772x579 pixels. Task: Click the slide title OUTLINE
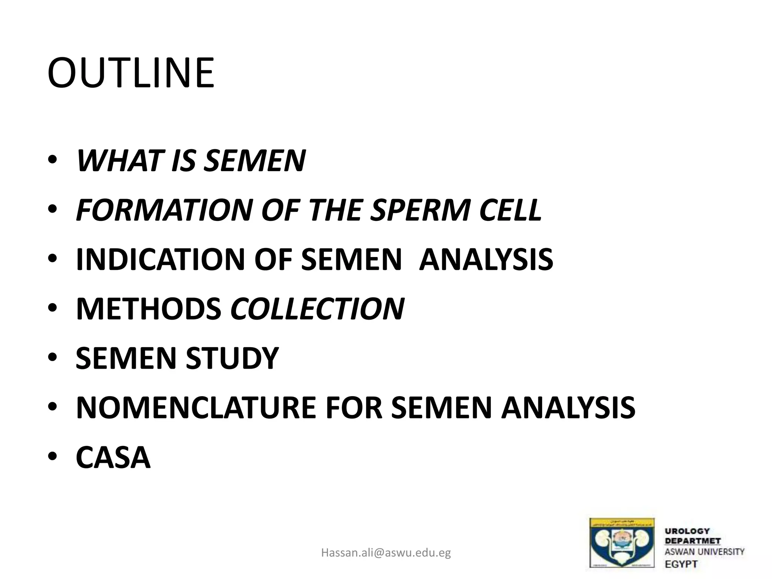point(131,73)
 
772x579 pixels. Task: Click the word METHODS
point(149,309)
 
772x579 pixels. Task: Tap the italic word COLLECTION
point(317,309)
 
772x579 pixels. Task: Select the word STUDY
point(232,358)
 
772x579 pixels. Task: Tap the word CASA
point(113,457)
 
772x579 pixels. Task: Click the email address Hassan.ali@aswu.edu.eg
point(386,553)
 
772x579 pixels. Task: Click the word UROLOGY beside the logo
point(687,531)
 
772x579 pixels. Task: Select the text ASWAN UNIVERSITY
point(705,552)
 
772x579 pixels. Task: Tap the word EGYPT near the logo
point(681,564)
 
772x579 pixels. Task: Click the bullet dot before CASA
point(52,457)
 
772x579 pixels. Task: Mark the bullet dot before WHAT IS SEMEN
point(52,161)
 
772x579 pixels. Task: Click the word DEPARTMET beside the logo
point(692,541)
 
